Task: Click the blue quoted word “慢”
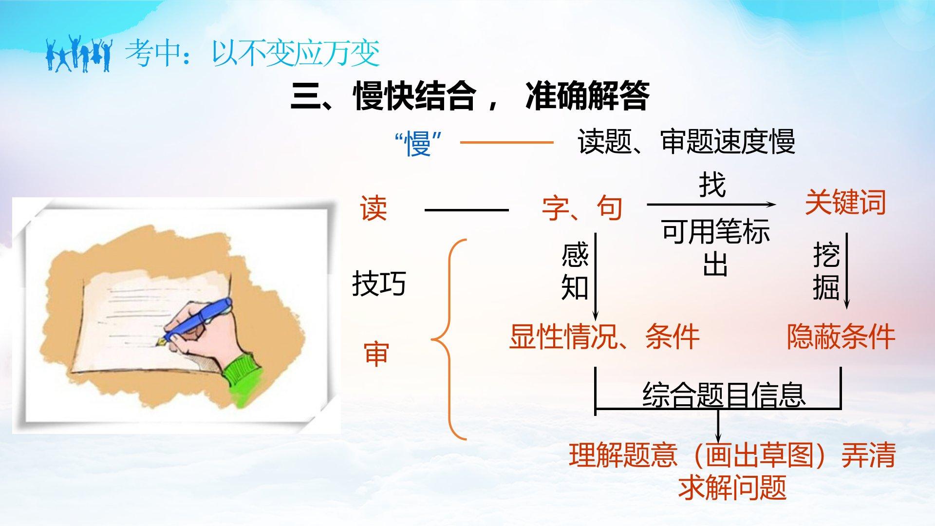[x=419, y=143]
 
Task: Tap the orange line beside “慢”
[x=506, y=143]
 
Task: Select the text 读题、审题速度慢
[x=686, y=142]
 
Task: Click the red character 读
[x=374, y=208]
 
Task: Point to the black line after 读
[x=467, y=210]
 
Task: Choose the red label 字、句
[x=582, y=208]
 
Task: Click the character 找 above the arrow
[x=712, y=185]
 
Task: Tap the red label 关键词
[x=845, y=202]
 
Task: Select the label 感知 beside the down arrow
[x=575, y=272]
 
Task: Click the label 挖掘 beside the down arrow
[x=826, y=272]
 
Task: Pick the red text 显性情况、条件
[x=604, y=336]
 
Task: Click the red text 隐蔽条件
[x=841, y=336]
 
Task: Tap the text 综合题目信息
[x=724, y=394]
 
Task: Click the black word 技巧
[x=379, y=283]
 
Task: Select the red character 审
[x=376, y=354]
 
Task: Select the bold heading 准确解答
[x=587, y=96]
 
